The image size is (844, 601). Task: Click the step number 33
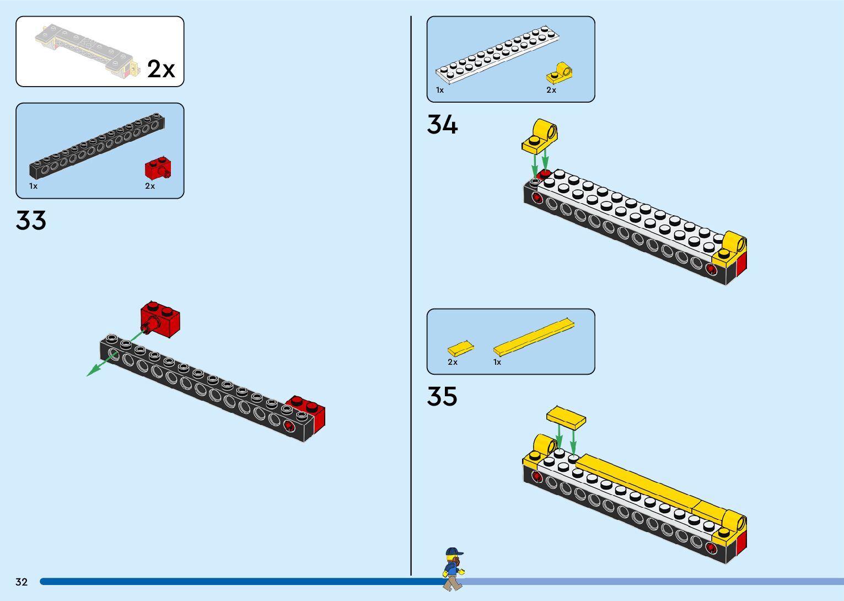tap(31, 221)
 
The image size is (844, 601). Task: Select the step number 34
tap(442, 125)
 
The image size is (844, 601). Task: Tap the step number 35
tap(442, 396)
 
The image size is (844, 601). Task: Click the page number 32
tap(21, 582)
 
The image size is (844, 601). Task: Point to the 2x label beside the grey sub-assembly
tap(161, 70)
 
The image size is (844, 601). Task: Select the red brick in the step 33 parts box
tap(158, 168)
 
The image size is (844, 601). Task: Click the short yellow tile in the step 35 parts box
tap(460, 348)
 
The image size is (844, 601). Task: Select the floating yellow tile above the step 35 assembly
tap(566, 417)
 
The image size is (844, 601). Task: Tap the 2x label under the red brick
tap(150, 187)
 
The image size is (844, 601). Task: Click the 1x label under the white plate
tap(440, 90)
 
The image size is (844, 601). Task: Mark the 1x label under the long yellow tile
tap(497, 362)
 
